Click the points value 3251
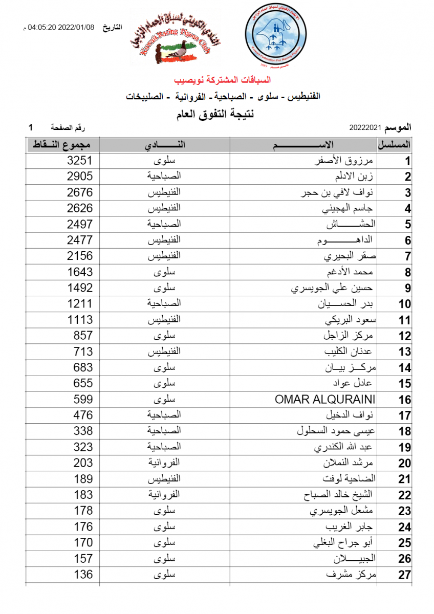coord(80,161)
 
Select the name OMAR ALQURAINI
coord(325,399)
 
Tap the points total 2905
coord(80,177)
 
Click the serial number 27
coord(405,575)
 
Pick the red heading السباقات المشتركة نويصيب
coord(222,80)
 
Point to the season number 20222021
coord(365,127)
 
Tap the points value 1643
coord(80,272)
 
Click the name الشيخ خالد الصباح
coord(341,495)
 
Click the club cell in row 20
coord(164,463)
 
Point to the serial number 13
coord(405,352)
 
